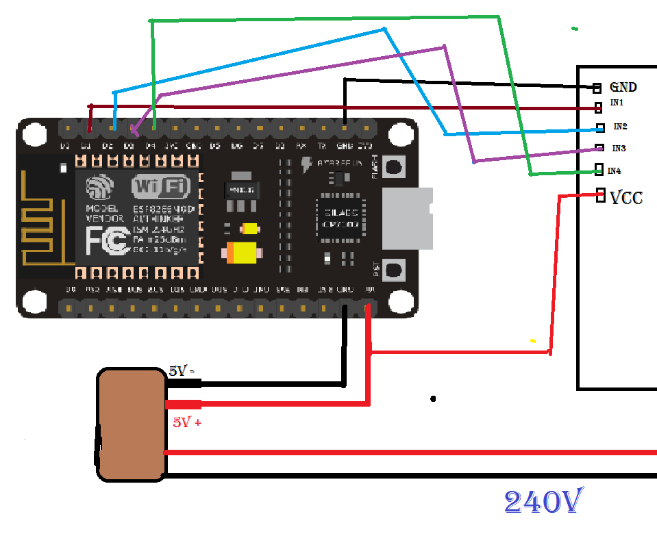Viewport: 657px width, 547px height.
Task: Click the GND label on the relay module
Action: tap(623, 87)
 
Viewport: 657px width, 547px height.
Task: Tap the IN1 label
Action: tap(617, 103)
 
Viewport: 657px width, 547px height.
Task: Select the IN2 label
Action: tap(620, 127)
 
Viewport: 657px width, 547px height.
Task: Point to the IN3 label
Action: tap(619, 149)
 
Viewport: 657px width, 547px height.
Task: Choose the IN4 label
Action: tap(614, 170)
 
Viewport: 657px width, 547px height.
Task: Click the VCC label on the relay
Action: tap(626, 198)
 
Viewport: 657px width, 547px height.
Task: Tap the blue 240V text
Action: tap(544, 503)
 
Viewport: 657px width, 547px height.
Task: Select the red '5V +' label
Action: tap(186, 422)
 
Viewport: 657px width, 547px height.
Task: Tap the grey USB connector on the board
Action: tap(407, 218)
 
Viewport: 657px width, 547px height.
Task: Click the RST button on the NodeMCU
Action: tap(394, 269)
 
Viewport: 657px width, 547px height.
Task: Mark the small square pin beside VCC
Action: tap(601, 194)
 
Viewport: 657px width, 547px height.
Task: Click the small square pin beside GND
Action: tap(597, 88)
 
